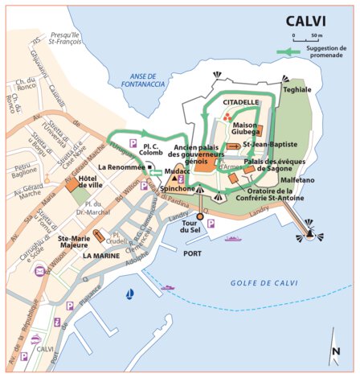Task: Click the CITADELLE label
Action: tap(241, 103)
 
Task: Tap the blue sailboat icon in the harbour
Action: tap(129, 294)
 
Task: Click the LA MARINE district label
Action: tap(101, 255)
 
